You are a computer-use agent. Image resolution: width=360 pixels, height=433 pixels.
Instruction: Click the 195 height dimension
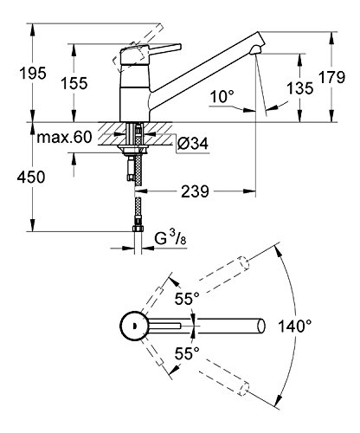click(33, 73)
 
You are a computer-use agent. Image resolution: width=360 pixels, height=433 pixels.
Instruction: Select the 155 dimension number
click(74, 84)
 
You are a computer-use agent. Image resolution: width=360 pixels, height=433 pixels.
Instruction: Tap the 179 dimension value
click(331, 77)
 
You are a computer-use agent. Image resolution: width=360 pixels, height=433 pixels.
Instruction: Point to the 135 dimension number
click(299, 88)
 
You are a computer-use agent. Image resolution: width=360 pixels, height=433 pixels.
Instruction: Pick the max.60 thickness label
click(64, 138)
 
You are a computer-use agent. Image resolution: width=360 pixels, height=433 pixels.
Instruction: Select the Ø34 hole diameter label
click(193, 143)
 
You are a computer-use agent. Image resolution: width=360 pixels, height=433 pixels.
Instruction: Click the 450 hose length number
click(31, 177)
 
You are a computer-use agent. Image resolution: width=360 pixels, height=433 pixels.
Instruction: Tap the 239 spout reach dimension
click(195, 191)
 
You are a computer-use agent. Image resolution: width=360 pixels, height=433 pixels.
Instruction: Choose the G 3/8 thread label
click(170, 239)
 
